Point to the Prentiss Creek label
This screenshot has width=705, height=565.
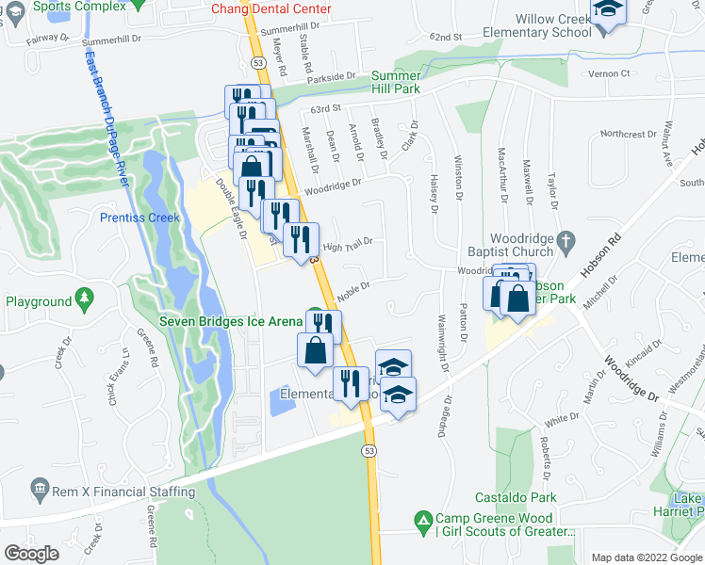(139, 218)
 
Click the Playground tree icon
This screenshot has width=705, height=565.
(85, 301)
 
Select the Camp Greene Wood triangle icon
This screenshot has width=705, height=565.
(423, 519)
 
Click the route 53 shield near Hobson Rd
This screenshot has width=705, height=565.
(369, 452)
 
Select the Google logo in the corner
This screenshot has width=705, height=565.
(32, 554)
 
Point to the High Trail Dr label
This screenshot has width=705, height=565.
(348, 245)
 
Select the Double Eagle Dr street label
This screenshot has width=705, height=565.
(228, 203)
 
